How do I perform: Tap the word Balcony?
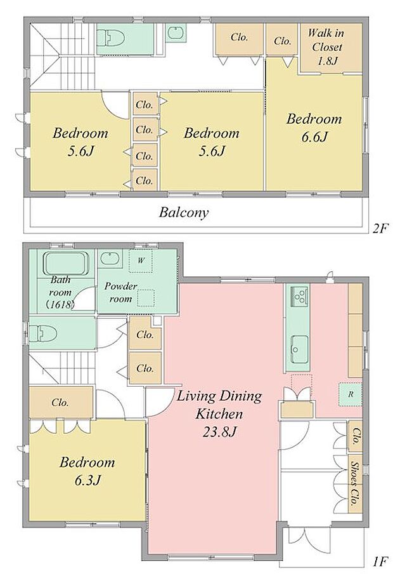click(184, 213)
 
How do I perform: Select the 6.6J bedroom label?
click(314, 128)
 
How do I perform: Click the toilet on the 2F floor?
click(111, 37)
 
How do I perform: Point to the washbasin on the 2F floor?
click(175, 33)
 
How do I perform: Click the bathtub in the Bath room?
click(67, 264)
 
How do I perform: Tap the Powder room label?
click(120, 292)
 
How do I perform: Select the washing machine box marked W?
click(141, 260)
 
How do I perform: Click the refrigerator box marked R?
click(350, 394)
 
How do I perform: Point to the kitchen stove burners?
click(299, 296)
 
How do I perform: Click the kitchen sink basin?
click(299, 349)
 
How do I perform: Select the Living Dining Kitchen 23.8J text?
click(219, 414)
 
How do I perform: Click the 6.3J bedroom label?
click(87, 471)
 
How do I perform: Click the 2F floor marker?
click(380, 228)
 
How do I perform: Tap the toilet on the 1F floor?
click(43, 333)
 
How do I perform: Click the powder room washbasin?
click(110, 259)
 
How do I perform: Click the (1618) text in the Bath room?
click(60, 304)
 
